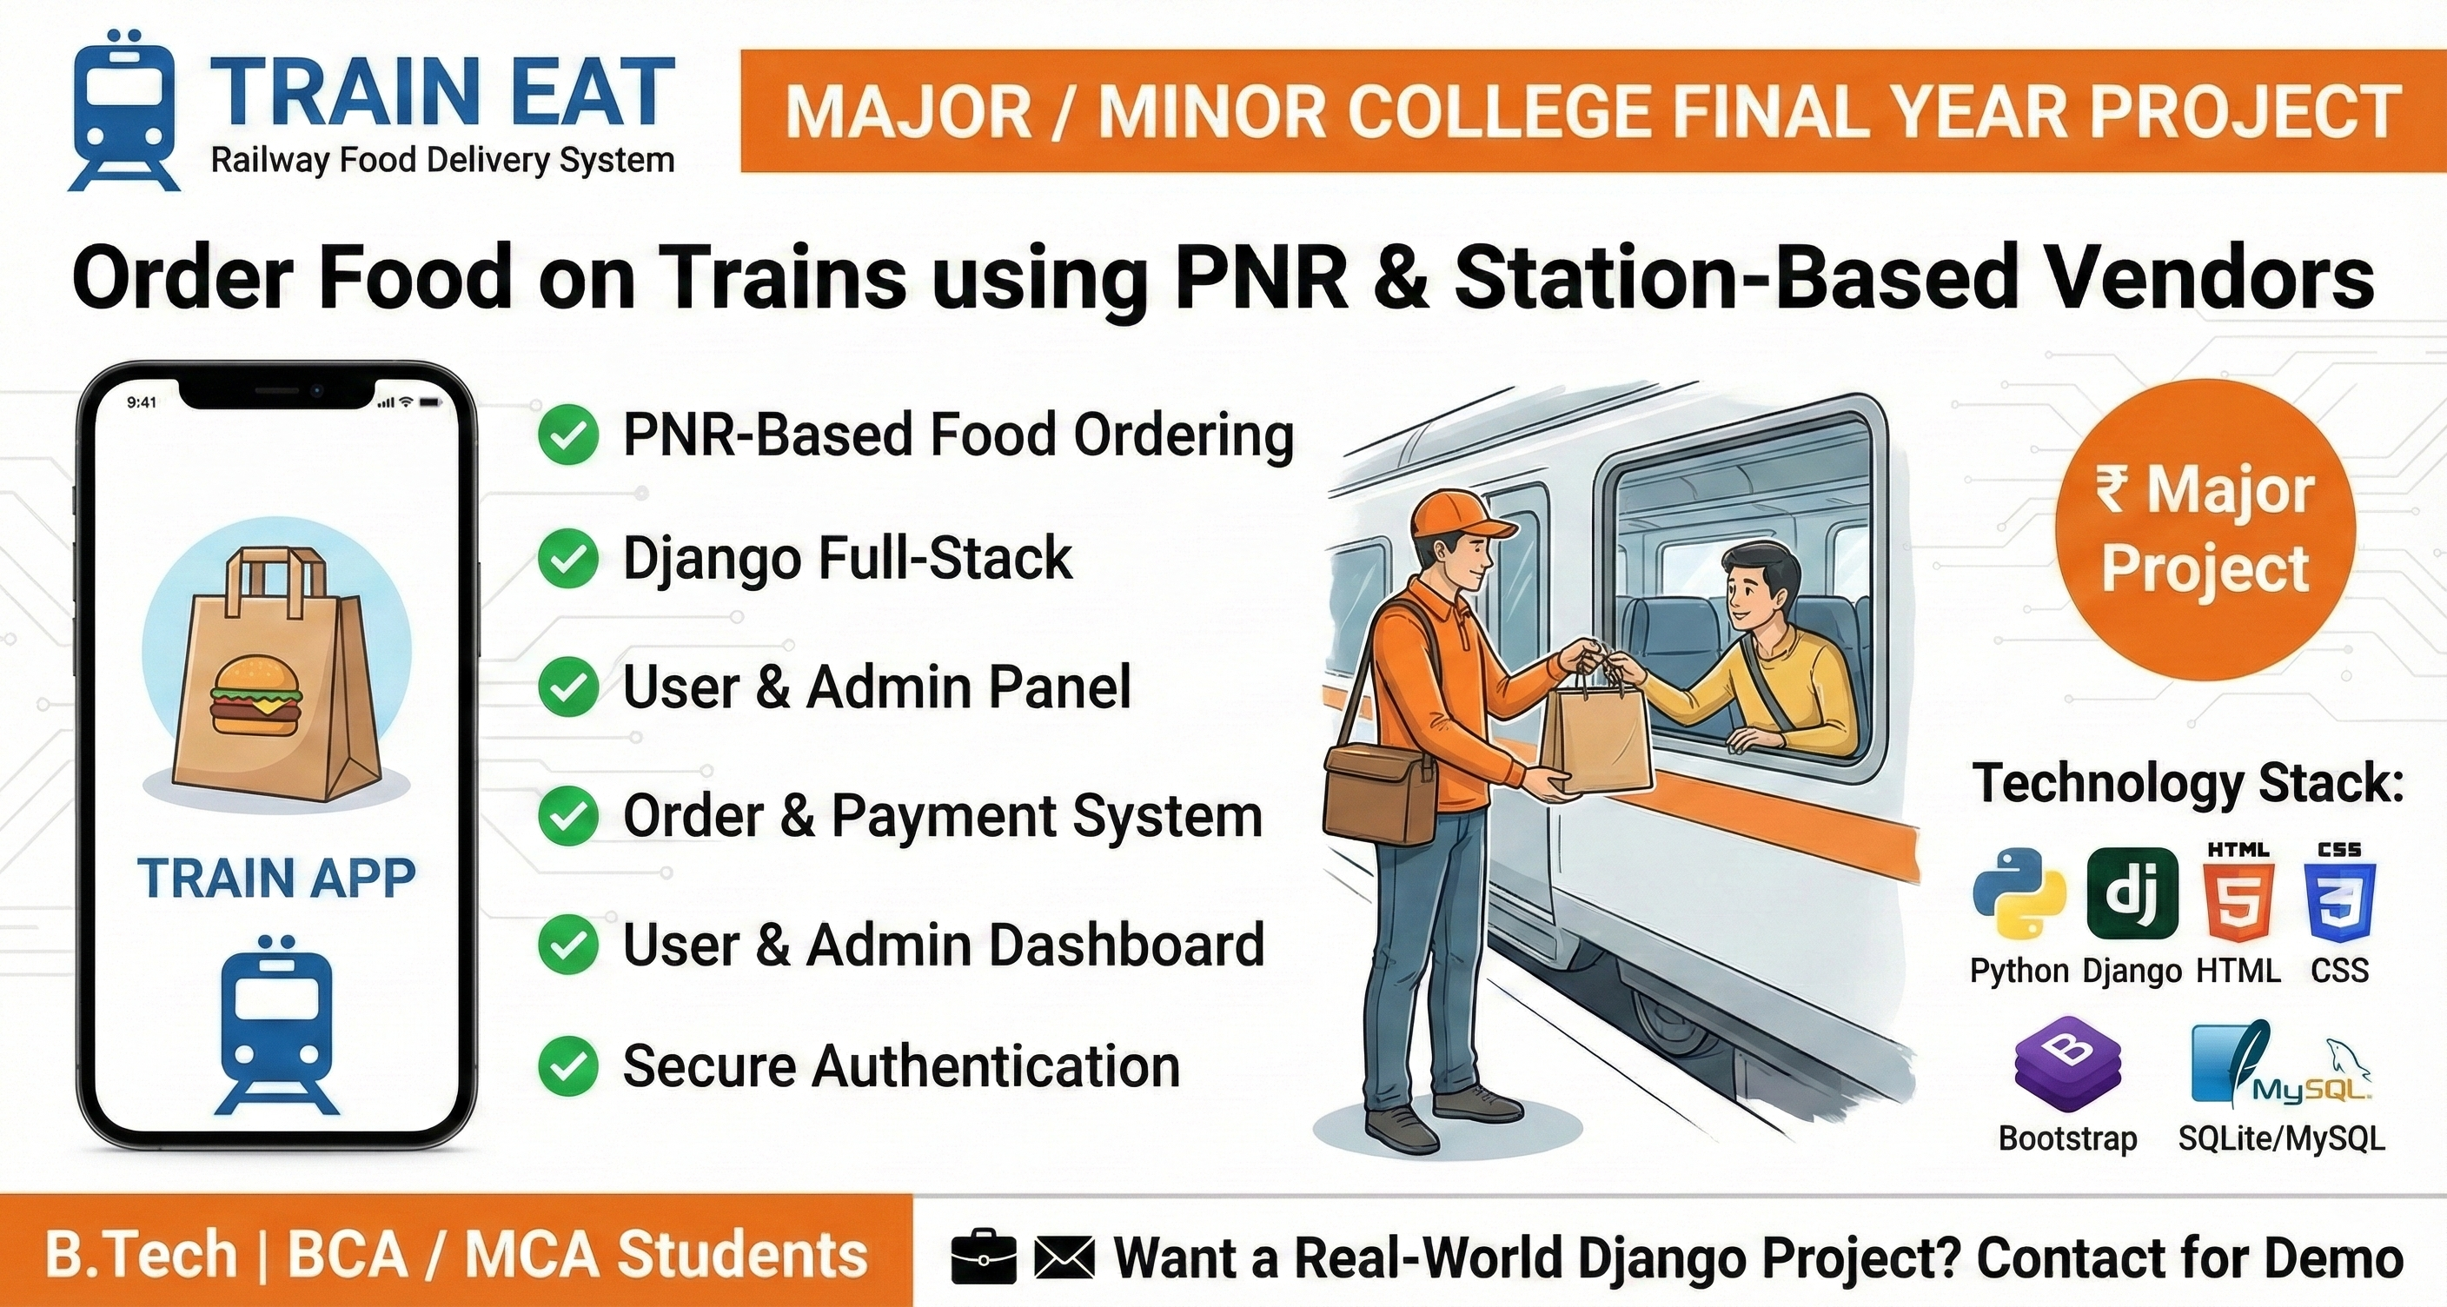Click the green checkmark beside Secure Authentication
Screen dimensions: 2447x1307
click(568, 1065)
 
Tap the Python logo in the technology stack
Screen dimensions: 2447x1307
click(2019, 892)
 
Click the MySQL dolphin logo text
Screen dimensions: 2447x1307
click(2311, 1091)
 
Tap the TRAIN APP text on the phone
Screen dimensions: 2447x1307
click(276, 878)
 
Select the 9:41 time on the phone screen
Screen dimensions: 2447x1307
click(142, 402)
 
